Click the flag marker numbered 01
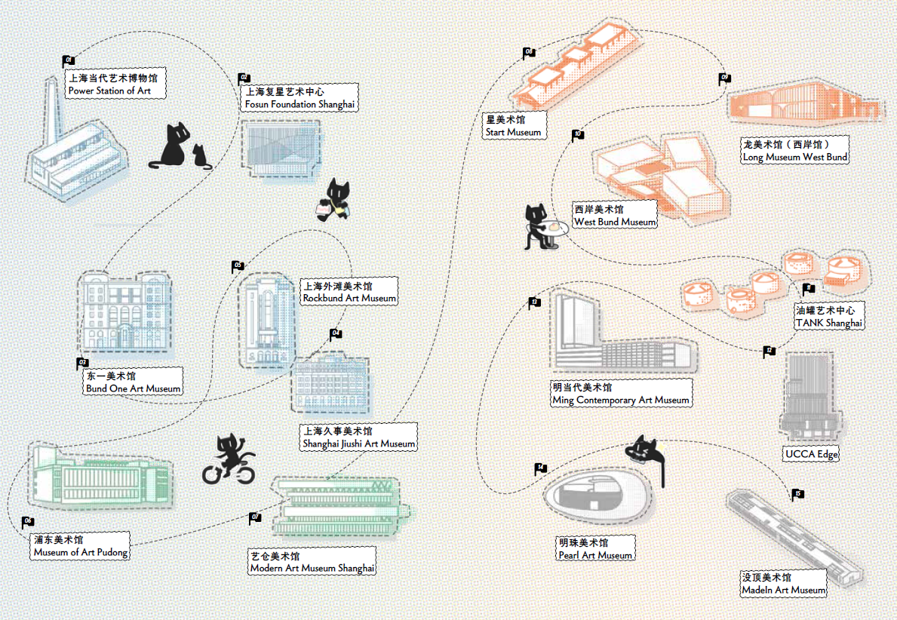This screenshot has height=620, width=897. pos(67,60)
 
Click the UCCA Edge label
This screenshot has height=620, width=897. pos(811,454)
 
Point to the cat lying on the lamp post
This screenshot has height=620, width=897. pos(645,450)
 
